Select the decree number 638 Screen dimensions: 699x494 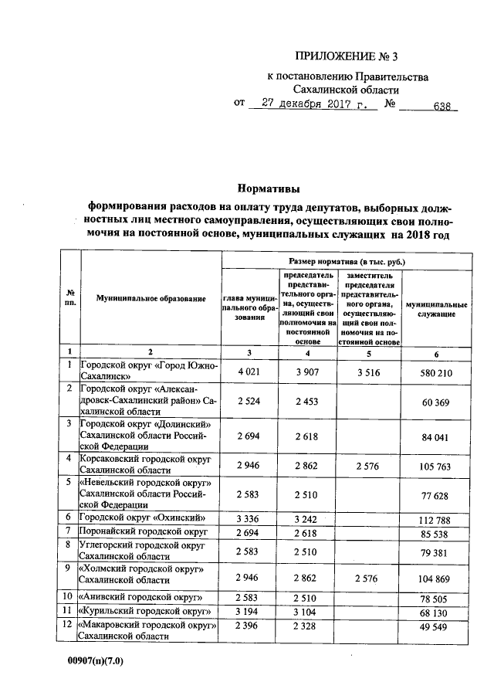coord(442,107)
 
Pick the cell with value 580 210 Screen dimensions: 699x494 coord(436,372)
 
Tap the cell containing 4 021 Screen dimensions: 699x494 coord(249,372)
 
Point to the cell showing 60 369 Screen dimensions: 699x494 coord(436,402)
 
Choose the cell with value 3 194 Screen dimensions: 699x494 coord(249,610)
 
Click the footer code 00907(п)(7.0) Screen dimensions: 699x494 coord(95,662)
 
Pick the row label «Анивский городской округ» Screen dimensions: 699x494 coord(140,596)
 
